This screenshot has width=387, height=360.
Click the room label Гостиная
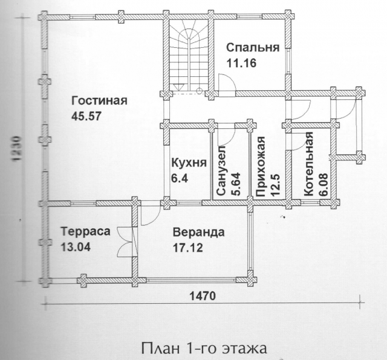[99, 101]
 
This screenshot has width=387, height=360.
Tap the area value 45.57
[86, 116]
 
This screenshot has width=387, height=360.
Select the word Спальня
[253, 48]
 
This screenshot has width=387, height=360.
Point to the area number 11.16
[242, 63]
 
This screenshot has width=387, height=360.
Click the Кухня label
[189, 163]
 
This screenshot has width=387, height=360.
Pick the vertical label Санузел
[221, 171]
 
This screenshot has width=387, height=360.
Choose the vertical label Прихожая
[261, 166]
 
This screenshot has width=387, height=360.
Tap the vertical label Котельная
[308, 164]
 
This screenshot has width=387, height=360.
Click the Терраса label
[86, 232]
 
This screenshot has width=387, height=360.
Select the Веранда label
[199, 232]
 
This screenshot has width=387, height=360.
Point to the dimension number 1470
[203, 295]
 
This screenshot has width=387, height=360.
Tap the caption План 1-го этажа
[204, 348]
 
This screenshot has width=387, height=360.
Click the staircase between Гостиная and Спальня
[189, 56]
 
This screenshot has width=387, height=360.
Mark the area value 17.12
[187, 247]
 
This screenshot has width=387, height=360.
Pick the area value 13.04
[76, 247]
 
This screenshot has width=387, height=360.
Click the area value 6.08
[324, 184]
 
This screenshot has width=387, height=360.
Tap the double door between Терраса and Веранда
[126, 242]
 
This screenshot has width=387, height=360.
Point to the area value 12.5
[275, 185]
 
